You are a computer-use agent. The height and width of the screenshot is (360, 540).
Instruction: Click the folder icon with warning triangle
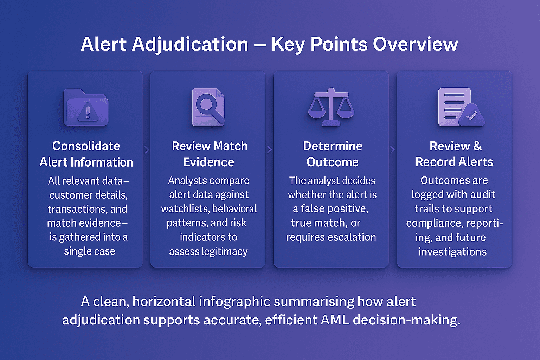(86, 107)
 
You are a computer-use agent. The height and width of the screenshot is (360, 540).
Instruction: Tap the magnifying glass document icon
(208, 107)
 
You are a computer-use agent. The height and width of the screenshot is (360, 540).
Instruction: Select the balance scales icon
(331, 107)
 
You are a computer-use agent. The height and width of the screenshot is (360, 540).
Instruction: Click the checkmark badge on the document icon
(471, 115)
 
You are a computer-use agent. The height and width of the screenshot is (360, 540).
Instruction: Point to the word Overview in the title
(416, 44)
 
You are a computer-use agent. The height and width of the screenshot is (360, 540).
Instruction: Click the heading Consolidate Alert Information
(86, 154)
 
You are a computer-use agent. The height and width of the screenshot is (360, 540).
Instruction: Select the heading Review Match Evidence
(209, 154)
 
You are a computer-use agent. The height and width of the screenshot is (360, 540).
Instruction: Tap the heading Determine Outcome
(333, 154)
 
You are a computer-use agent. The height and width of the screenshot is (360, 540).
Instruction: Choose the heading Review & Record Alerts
(454, 154)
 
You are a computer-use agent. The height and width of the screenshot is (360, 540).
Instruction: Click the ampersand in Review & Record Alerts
(477, 146)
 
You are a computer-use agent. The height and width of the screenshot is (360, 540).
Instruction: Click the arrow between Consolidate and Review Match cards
(147, 150)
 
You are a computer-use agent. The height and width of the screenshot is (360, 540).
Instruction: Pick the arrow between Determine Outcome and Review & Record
(393, 150)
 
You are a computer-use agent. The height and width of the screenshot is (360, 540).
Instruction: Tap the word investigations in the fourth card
(452, 252)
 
